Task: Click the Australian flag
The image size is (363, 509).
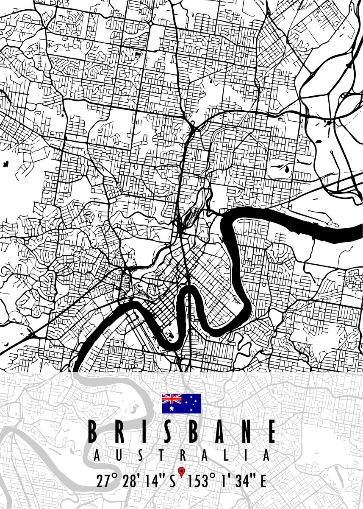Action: coord(181,403)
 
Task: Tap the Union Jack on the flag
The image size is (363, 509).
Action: coord(172,399)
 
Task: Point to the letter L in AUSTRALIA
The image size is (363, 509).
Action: coord(226,456)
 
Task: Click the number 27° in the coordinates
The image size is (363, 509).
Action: coord(106,481)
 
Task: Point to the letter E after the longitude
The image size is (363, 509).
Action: coord(263,481)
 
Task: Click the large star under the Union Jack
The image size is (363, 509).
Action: coord(172,408)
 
